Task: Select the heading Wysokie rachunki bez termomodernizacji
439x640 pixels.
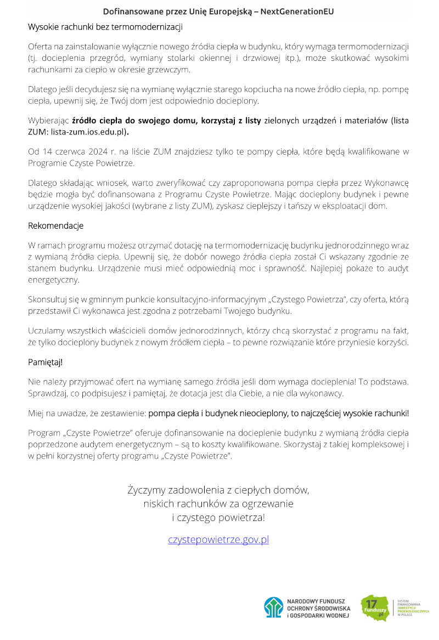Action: coord(105,26)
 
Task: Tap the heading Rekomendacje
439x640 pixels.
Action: coord(56,225)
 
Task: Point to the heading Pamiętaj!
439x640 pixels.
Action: coord(46,363)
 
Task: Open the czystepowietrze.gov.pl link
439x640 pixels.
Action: coord(218,540)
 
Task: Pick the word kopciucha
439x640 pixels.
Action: coord(223,89)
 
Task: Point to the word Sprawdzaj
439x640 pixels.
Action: coord(48,393)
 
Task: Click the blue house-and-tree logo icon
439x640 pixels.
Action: coord(273,608)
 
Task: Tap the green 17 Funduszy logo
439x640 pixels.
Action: coord(374,607)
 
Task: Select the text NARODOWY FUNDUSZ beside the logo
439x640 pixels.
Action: coord(316,602)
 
